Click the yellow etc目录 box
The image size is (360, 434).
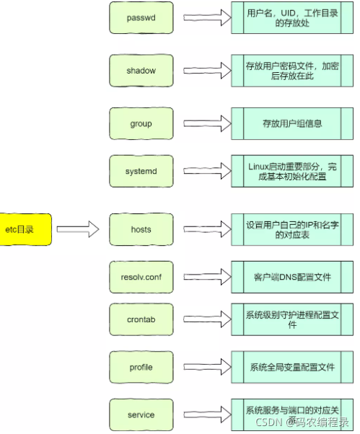click(x=25, y=230)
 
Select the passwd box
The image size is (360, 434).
click(x=141, y=18)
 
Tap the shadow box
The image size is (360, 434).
click(x=141, y=71)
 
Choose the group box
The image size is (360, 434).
click(x=141, y=124)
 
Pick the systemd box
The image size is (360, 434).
click(x=141, y=171)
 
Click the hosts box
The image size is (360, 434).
click(x=141, y=230)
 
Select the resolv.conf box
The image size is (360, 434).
click(x=141, y=276)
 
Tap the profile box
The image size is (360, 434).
click(x=141, y=368)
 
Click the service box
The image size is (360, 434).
click(x=141, y=415)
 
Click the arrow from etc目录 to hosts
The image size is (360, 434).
click(x=77, y=230)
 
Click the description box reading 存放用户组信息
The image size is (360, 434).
click(x=291, y=124)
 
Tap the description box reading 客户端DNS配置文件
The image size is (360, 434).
click(x=291, y=276)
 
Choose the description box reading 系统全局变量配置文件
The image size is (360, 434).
click(x=291, y=368)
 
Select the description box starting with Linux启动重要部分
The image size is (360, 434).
click(x=291, y=171)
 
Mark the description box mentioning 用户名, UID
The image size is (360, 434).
click(x=291, y=18)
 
